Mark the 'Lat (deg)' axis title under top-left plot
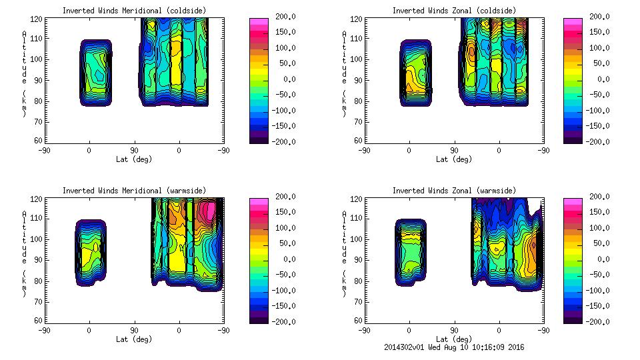click(x=134, y=160)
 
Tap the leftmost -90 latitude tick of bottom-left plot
click(x=44, y=330)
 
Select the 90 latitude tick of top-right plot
click(x=454, y=151)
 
